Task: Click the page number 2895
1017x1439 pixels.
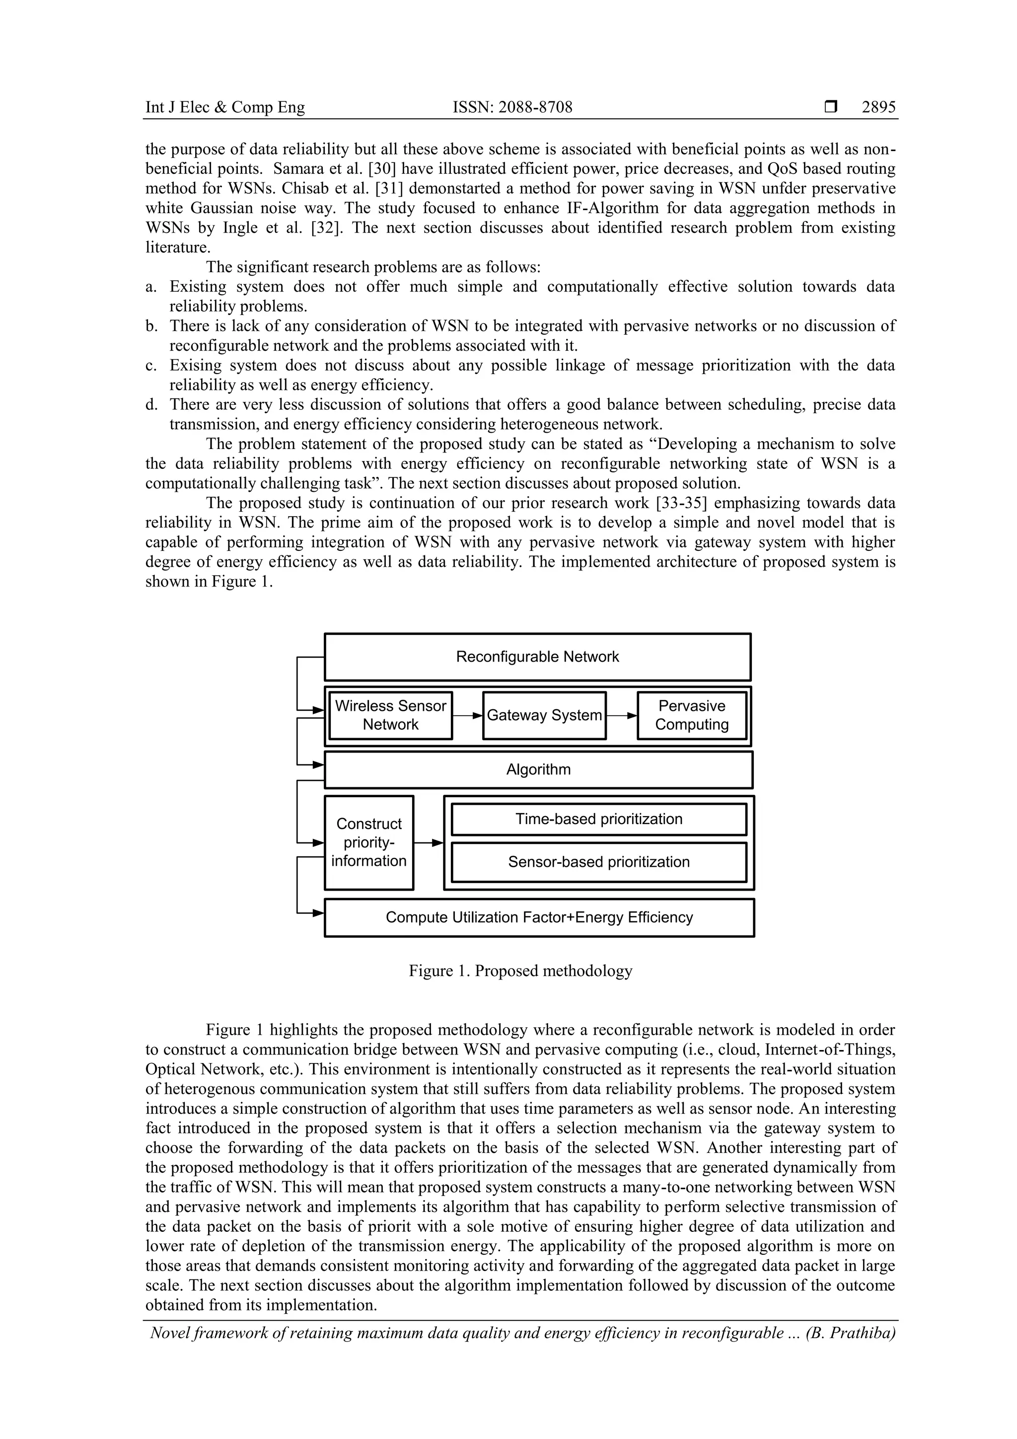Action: coord(878,108)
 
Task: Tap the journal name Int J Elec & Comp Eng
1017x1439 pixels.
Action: coord(225,108)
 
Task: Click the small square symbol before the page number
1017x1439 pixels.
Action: coord(831,107)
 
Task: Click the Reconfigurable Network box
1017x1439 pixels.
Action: coord(537,657)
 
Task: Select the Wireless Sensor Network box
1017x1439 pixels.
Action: coord(390,715)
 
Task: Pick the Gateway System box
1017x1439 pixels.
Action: coord(544,715)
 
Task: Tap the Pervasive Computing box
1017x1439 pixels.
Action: coord(692,715)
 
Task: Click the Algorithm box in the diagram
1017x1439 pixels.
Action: coord(538,769)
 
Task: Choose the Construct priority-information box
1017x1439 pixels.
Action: coord(368,842)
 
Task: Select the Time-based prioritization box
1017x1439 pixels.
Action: coord(598,819)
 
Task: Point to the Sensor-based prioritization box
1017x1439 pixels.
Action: coord(598,862)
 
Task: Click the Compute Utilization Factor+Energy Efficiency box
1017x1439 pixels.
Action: coord(539,917)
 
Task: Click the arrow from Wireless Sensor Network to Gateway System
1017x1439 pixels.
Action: coord(467,715)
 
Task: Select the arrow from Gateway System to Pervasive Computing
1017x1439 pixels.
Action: coord(622,715)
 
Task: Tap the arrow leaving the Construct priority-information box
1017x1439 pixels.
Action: coord(429,843)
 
